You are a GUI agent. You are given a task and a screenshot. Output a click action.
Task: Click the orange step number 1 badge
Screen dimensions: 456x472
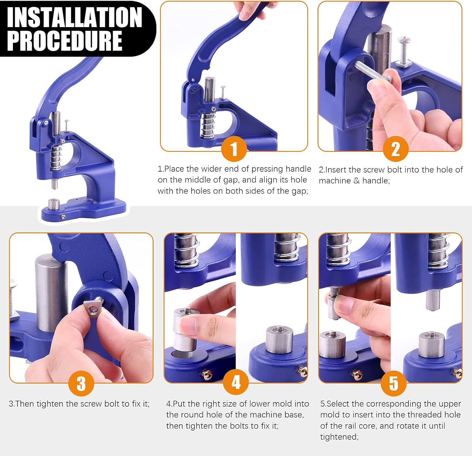[x=234, y=149]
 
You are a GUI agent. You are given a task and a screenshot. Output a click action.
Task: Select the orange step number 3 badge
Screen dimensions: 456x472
[x=81, y=383]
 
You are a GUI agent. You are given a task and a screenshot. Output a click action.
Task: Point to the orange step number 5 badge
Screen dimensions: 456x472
[x=393, y=383]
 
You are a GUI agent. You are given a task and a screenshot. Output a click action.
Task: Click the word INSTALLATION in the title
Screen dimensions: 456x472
[x=75, y=17]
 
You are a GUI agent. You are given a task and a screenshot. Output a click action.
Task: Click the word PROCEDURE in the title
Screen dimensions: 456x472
[x=65, y=41]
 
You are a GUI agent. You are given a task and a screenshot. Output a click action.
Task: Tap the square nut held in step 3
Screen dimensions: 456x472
[x=93, y=308]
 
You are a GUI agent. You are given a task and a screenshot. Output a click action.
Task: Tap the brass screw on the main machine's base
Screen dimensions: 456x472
[x=63, y=216]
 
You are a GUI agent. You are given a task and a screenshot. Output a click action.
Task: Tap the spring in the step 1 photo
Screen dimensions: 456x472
[x=207, y=124]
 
